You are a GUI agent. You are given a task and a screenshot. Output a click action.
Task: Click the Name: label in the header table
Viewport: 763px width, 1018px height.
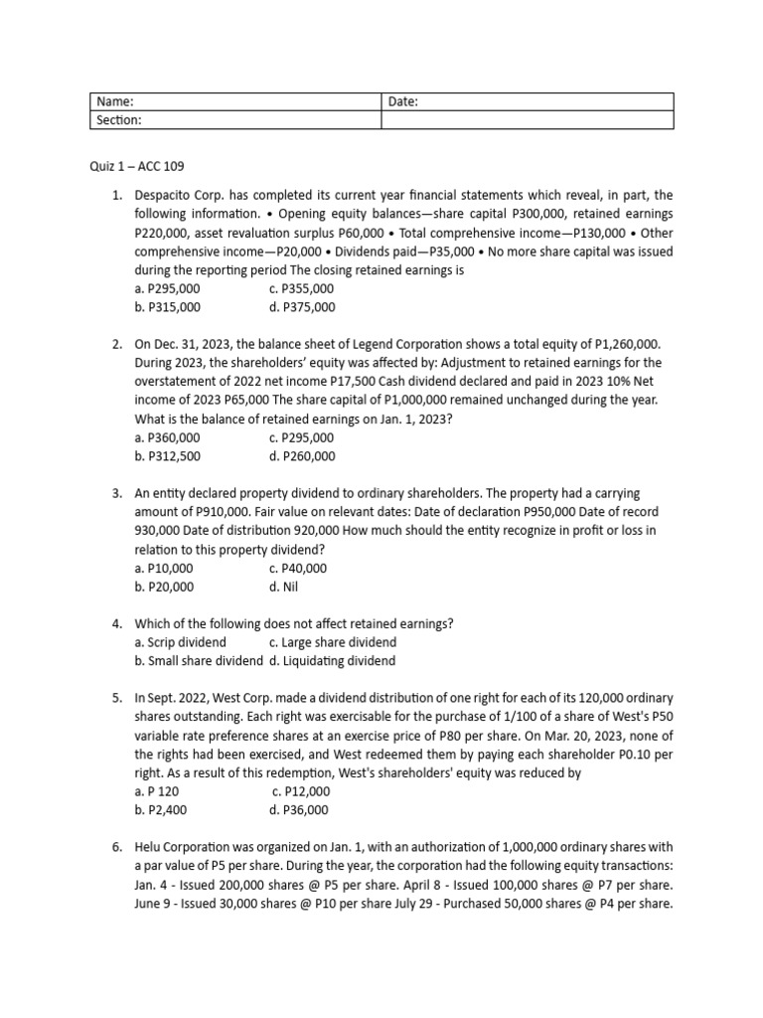click(114, 101)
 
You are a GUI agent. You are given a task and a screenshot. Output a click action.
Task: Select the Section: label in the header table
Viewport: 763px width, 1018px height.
click(118, 119)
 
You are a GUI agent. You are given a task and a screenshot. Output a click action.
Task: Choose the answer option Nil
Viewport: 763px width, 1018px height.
click(283, 587)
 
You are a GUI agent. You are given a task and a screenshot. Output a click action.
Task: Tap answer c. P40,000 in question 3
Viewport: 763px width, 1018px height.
click(297, 569)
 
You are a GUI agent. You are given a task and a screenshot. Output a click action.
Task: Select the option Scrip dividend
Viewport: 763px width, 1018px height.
click(180, 642)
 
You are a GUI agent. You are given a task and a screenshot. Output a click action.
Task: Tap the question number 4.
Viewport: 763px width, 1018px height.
click(116, 624)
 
